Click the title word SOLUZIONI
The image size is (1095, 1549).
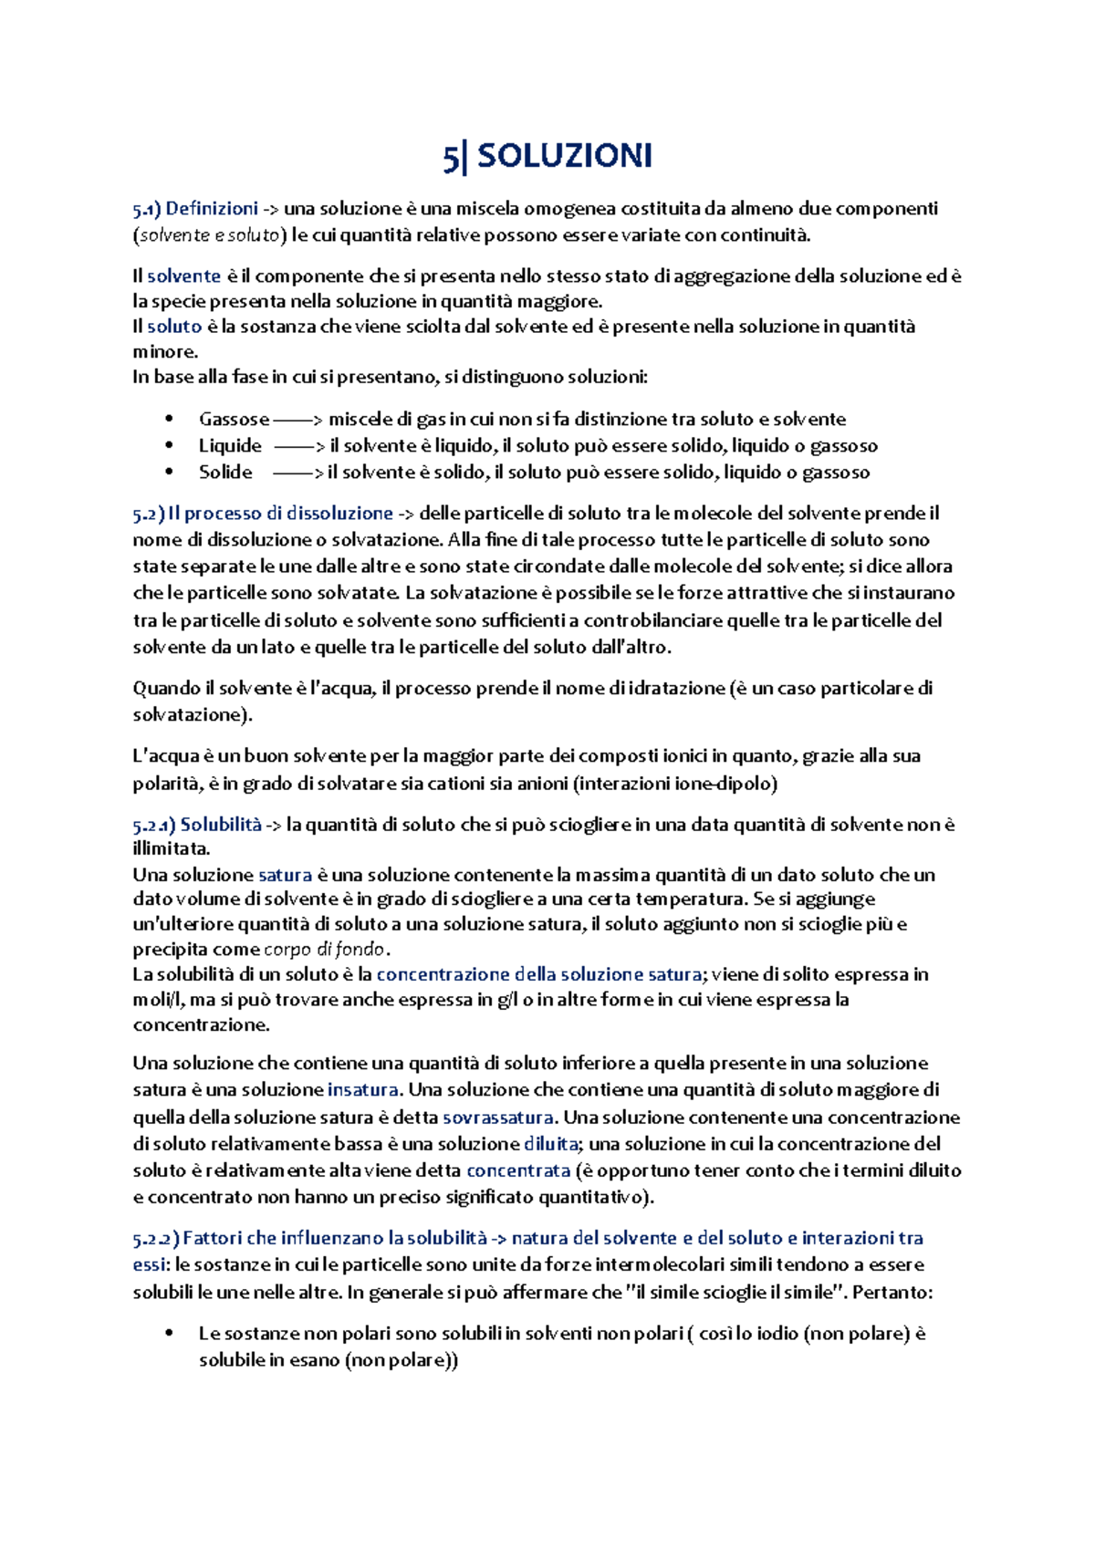[x=564, y=156]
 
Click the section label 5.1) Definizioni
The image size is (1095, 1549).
[x=195, y=209]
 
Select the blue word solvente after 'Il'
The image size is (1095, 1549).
[x=184, y=275]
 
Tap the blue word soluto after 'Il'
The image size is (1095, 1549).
[x=174, y=327]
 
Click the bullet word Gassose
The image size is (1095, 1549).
[x=234, y=420]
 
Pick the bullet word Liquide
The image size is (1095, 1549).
[x=230, y=446]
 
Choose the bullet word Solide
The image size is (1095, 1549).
[x=225, y=473]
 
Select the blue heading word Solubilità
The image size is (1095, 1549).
[x=221, y=825]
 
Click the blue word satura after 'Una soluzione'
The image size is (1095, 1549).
[x=285, y=875]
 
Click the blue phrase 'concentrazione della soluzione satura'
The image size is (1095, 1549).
[x=538, y=975]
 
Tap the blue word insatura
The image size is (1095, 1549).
[x=362, y=1090]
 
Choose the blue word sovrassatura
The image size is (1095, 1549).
[x=497, y=1118]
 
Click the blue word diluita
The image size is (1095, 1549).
[x=550, y=1144]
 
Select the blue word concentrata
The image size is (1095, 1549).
[x=517, y=1170]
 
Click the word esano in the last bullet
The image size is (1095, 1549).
[x=314, y=1361]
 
